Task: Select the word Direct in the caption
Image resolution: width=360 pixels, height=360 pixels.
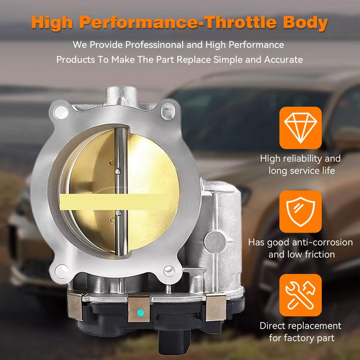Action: (275, 325)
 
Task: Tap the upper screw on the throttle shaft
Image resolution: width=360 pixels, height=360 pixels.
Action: (117, 171)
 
